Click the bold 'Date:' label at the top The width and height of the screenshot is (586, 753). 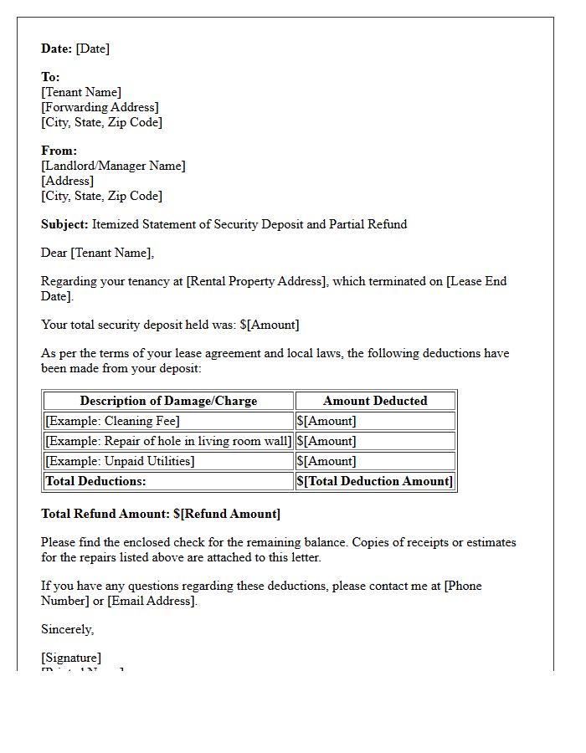[x=57, y=49]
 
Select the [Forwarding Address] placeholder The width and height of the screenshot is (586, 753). [x=100, y=107]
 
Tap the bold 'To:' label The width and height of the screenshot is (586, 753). [x=50, y=77]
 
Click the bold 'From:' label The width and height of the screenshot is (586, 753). [x=59, y=151]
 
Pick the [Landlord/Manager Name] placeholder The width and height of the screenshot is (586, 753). [x=113, y=166]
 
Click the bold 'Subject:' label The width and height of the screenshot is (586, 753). [x=64, y=224]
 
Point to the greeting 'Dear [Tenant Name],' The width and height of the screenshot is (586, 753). [x=97, y=253]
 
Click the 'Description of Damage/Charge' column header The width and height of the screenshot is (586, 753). [x=168, y=401]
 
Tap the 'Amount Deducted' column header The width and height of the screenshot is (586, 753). [x=375, y=401]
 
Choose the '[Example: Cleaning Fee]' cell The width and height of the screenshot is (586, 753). [x=112, y=421]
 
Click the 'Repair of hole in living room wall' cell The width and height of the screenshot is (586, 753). [x=168, y=441]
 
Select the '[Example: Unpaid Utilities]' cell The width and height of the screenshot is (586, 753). [x=120, y=461]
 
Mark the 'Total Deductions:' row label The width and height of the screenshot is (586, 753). [x=95, y=481]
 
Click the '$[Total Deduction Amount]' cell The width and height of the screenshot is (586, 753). [x=375, y=481]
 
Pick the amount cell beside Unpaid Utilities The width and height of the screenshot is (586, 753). [x=326, y=461]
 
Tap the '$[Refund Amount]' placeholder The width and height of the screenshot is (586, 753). [x=227, y=514]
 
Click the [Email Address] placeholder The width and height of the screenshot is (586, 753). [x=152, y=601]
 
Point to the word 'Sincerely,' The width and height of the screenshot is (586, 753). [x=67, y=629]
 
